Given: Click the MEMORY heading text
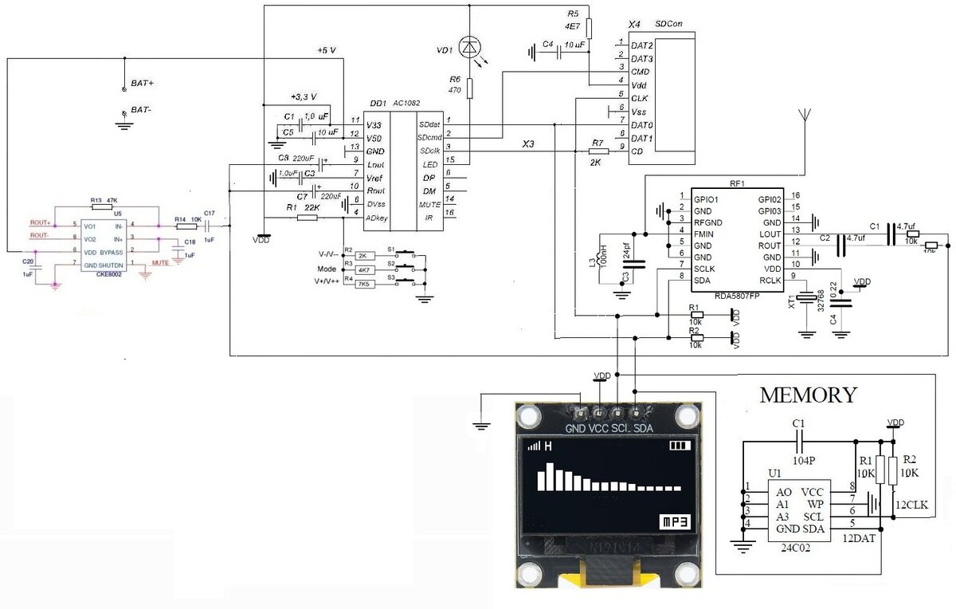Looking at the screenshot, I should click(808, 395).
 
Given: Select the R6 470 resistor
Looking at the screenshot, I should click(470, 88).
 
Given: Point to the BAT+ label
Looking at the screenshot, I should click(143, 83).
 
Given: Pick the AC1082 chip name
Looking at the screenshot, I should click(406, 104).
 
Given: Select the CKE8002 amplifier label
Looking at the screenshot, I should click(111, 273).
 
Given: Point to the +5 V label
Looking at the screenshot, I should click(327, 50).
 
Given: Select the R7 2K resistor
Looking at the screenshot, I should click(597, 151).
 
